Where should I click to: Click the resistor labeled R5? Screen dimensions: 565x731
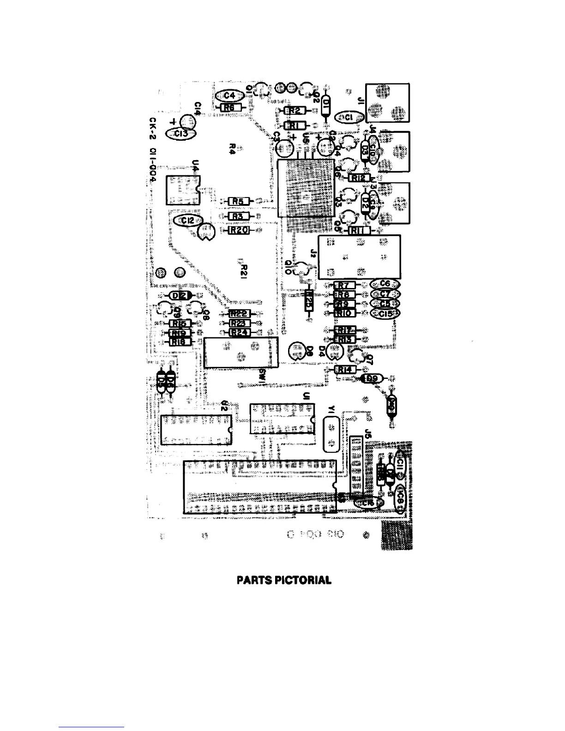click(239, 201)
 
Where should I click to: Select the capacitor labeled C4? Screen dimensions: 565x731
click(229, 96)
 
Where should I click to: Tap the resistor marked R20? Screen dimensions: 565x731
click(239, 230)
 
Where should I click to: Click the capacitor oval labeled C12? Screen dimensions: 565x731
click(188, 221)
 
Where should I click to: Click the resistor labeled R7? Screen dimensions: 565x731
click(343, 286)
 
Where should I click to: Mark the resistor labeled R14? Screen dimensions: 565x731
click(343, 370)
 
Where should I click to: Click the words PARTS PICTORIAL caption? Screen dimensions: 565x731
click(284, 580)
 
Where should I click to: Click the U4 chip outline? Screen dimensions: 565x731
click(183, 190)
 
